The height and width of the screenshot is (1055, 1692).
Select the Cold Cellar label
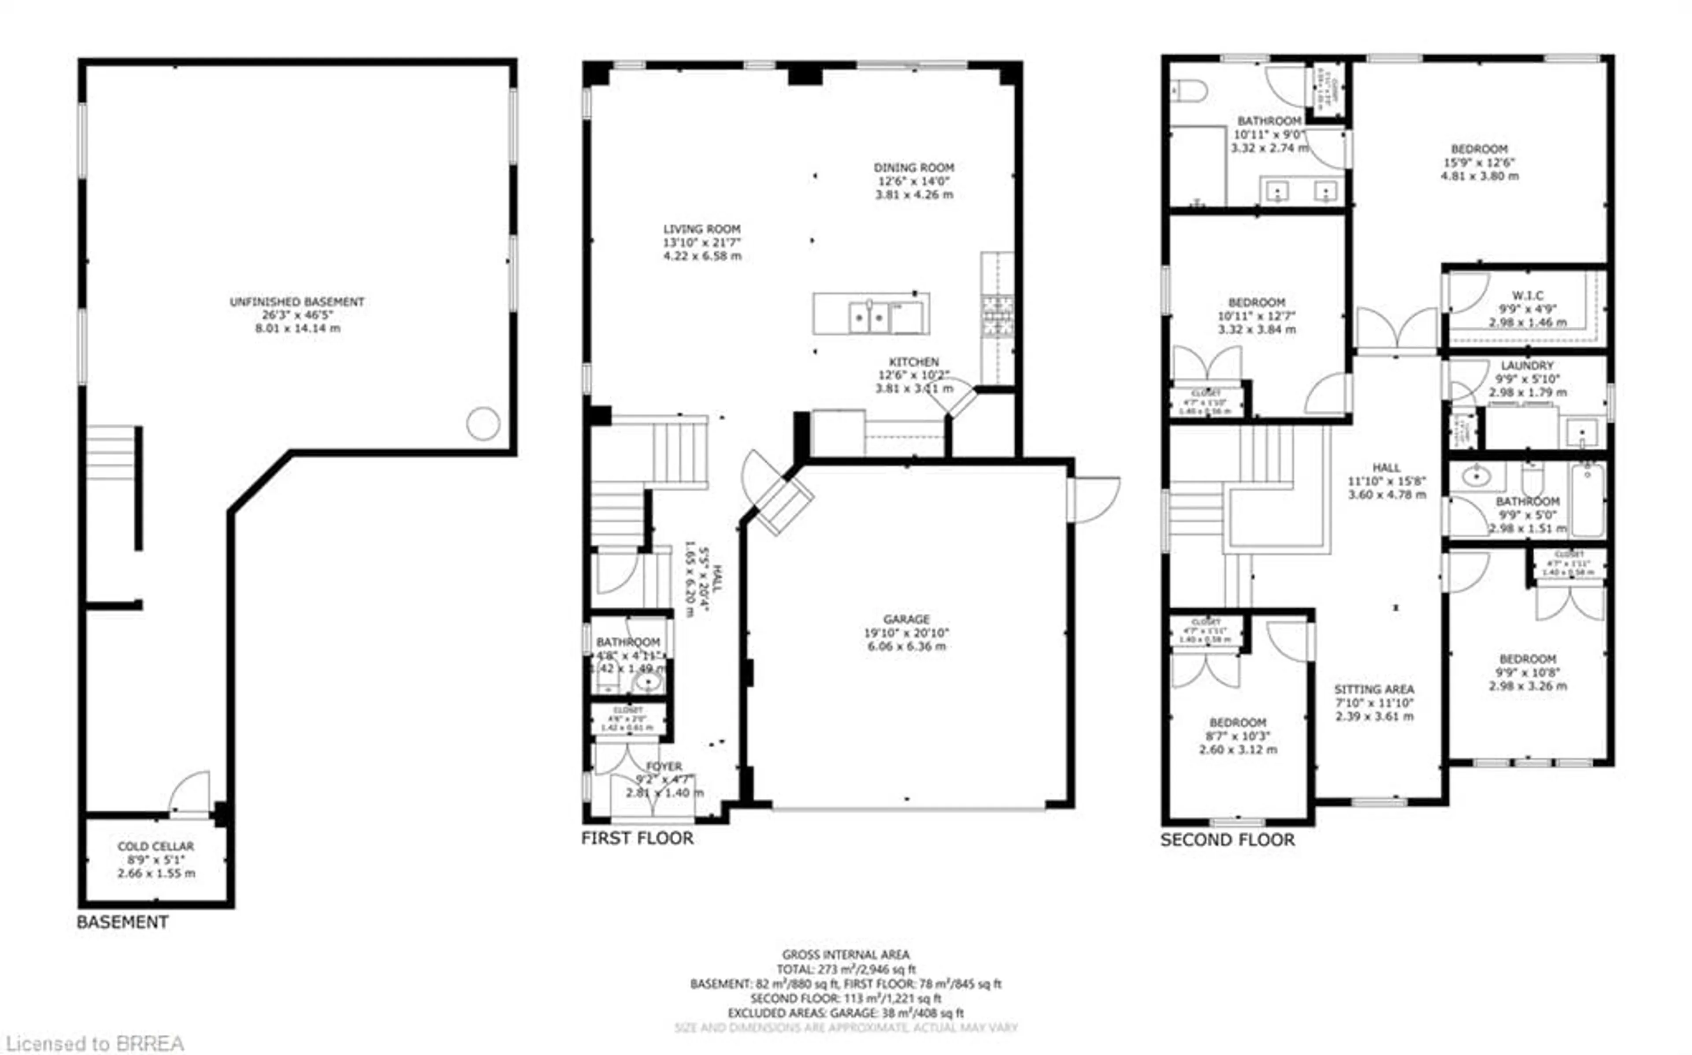(x=156, y=846)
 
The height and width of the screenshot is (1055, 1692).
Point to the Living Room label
(x=701, y=229)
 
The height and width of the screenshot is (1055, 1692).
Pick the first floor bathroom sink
(x=648, y=681)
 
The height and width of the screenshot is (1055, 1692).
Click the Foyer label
(x=664, y=766)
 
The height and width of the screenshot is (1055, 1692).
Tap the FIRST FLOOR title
(x=637, y=838)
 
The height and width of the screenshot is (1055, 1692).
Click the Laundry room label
(x=1527, y=365)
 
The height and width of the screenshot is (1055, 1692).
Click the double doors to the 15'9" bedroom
(x=1397, y=329)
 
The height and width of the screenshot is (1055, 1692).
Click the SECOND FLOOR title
(x=1227, y=839)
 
